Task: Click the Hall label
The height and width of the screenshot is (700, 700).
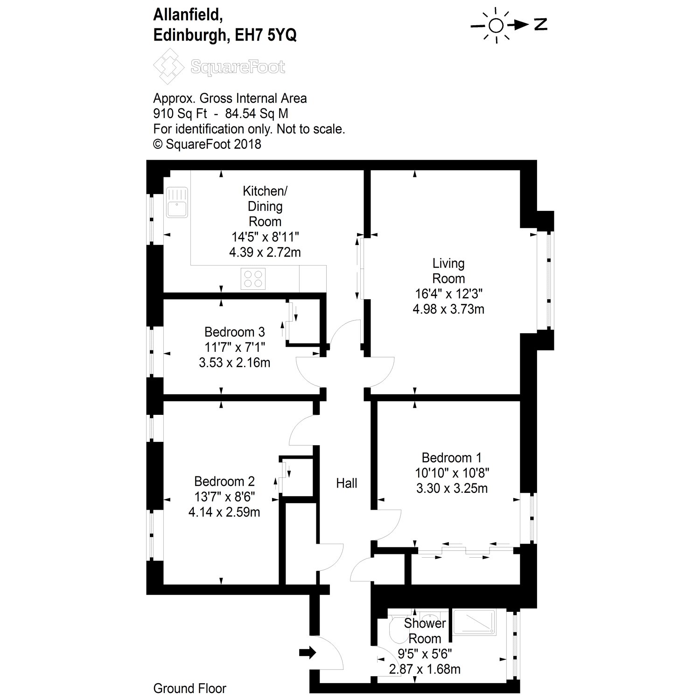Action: click(x=347, y=483)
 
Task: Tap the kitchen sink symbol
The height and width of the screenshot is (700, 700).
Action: click(x=177, y=202)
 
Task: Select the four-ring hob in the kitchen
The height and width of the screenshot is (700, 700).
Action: click(x=253, y=279)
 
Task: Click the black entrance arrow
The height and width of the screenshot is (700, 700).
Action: click(x=308, y=652)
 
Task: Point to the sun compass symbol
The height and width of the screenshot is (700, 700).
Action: click(x=496, y=26)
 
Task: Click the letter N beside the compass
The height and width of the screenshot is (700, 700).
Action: click(x=540, y=25)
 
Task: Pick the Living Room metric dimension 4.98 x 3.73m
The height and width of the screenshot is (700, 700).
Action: click(x=448, y=309)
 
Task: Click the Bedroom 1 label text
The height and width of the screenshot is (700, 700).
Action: click(x=451, y=457)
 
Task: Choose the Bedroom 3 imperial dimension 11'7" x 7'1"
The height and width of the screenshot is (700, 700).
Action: click(x=234, y=347)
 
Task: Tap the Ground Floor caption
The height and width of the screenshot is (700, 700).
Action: click(x=189, y=688)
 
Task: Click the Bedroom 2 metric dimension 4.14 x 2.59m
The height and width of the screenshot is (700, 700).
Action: click(x=224, y=512)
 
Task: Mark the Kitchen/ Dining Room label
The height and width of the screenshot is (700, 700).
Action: click(x=265, y=206)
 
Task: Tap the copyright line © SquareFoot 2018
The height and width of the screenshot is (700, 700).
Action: click(x=207, y=144)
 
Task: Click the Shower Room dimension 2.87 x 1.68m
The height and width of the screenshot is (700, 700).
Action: click(x=425, y=669)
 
